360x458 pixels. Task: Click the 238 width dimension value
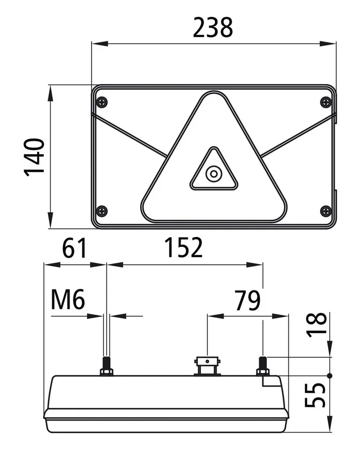point(213,27)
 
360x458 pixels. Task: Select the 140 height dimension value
point(34,157)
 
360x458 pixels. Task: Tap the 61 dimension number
point(74,248)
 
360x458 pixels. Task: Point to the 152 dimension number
point(184,247)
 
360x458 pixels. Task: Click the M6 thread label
point(68,300)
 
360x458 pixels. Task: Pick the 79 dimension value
point(247,300)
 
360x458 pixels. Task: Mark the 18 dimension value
point(316,324)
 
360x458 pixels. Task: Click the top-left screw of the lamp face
point(102,102)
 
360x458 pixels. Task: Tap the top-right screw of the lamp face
point(326,102)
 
